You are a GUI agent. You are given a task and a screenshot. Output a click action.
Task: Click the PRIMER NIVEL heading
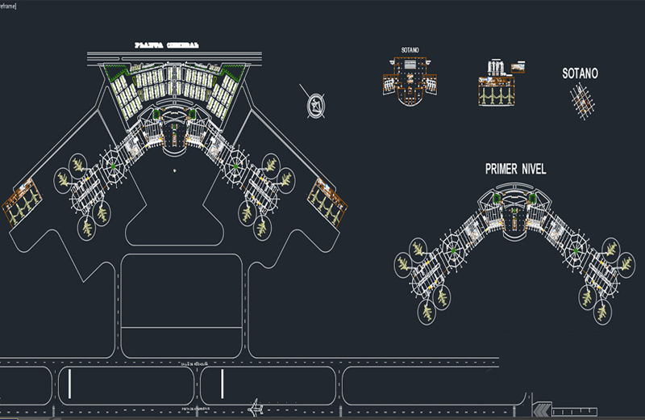pyautogui.click(x=515, y=169)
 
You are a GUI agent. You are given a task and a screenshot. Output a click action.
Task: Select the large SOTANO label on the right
pyautogui.click(x=580, y=73)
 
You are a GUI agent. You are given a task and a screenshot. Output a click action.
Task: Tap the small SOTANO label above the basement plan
pyautogui.click(x=410, y=50)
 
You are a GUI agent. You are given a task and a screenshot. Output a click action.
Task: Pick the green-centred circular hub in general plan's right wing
pyautogui.click(x=235, y=166)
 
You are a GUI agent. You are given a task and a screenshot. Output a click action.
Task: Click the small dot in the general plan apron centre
pyautogui.click(x=173, y=171)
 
